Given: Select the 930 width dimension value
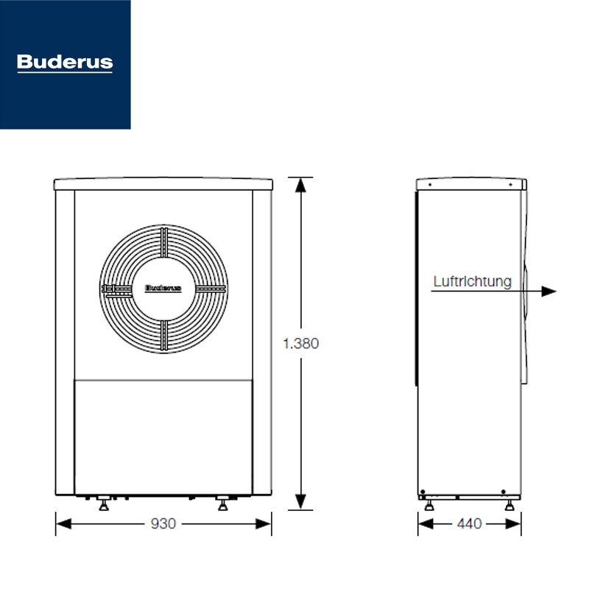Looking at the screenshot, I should [x=163, y=524].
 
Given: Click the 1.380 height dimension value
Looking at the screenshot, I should [x=300, y=343].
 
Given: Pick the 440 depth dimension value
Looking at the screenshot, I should [x=469, y=524].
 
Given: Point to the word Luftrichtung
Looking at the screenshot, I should [x=472, y=281].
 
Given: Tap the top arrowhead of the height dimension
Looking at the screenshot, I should [x=300, y=184].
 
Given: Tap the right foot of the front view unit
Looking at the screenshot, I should [x=221, y=506].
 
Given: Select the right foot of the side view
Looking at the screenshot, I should [x=509, y=505].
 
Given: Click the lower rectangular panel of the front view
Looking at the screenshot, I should [x=163, y=434].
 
